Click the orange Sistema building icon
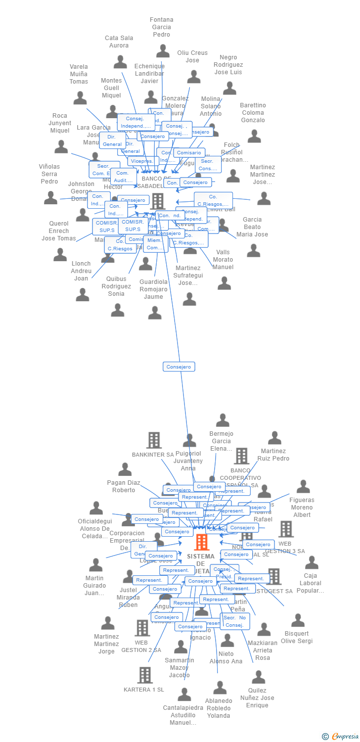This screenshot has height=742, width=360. click(201, 542)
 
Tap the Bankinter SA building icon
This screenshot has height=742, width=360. click(154, 440)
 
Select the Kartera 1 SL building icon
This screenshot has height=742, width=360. click(144, 675)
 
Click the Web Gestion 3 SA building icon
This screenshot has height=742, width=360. click(285, 529)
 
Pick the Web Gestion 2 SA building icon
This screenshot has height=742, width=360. click(142, 628)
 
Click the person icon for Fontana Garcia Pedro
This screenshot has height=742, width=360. click(163, 51)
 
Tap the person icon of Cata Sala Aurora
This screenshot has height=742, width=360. click(120, 62)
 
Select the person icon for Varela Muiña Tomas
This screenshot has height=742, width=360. click(80, 98)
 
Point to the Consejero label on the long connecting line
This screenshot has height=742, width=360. click(179, 367)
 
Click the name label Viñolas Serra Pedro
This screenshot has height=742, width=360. click(49, 174)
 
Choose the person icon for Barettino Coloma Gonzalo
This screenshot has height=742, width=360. click(254, 137)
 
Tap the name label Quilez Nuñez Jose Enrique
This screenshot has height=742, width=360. click(257, 697)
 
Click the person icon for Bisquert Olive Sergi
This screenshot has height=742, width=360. click(298, 620)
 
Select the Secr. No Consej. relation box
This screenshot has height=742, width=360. click(235, 621)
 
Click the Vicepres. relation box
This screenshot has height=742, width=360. click(143, 161)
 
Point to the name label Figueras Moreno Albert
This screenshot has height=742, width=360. click(302, 507)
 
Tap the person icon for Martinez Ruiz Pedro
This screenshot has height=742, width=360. click(274, 438)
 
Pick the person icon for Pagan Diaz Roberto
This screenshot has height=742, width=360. click(125, 469)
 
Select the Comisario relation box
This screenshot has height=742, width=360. click(189, 153)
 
